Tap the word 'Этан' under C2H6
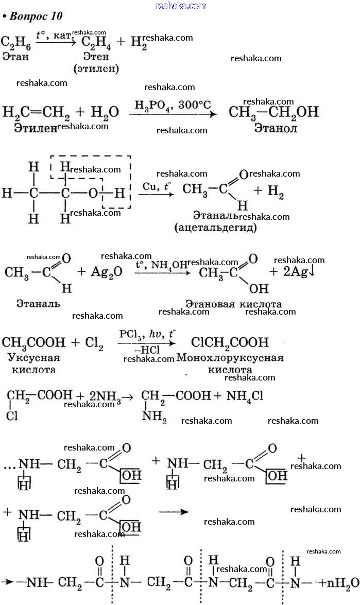15,56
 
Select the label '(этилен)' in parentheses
96,68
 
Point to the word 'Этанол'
276,128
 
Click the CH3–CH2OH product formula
273,112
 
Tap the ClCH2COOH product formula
230,342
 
